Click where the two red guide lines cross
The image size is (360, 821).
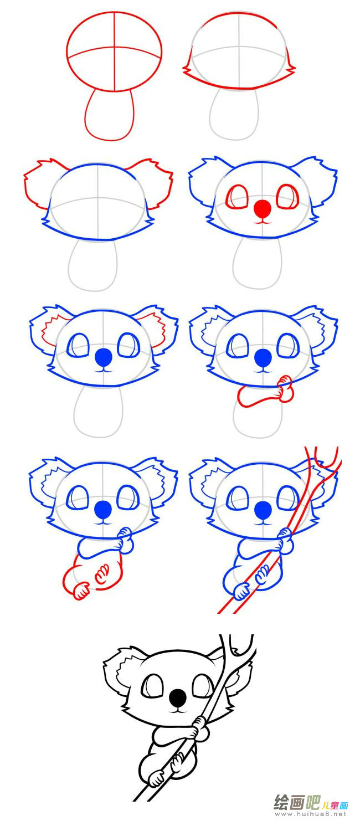click(115, 47)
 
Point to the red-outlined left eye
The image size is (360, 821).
click(237, 197)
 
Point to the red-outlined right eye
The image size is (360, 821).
click(288, 197)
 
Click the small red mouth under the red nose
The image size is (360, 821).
click(262, 222)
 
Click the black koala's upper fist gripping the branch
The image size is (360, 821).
click(200, 728)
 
